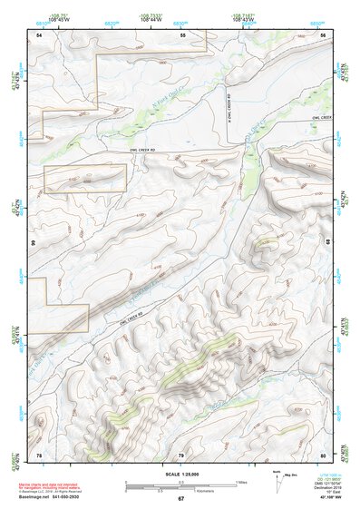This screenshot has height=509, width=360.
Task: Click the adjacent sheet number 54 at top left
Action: pos(39,34)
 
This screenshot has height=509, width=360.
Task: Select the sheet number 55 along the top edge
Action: pos(182,34)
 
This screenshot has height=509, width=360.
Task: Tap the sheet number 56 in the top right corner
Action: pos(324,34)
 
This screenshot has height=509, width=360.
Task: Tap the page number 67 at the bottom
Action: pos(180,499)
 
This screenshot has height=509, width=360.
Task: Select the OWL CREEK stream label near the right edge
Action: pos(317,118)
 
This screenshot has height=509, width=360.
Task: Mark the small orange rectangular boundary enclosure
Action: pos(84,178)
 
